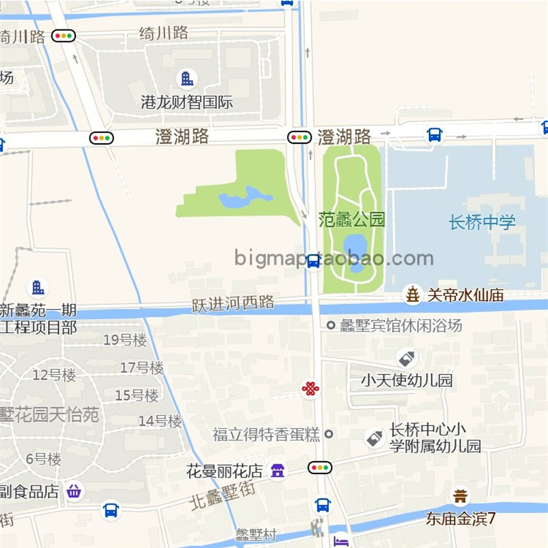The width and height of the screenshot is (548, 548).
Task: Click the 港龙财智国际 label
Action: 187,103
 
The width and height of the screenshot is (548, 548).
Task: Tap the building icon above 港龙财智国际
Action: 186,78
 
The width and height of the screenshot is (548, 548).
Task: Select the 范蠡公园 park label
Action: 352,220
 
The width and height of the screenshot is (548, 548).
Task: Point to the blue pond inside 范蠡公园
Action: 355,247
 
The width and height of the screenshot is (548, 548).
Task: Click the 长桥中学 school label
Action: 482,222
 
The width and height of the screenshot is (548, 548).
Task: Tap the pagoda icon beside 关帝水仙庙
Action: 413,295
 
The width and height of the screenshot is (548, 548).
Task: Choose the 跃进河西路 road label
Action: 233,303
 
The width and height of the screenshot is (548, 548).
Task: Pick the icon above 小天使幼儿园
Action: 406,358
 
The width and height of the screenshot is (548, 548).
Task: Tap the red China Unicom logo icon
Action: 310,389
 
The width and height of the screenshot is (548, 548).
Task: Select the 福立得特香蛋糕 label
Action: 266,434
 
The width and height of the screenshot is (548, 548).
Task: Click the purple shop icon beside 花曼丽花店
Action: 277,471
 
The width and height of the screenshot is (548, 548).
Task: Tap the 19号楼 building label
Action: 125,340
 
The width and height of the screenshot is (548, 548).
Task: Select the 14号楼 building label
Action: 160,421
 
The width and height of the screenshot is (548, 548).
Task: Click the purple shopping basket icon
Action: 74,490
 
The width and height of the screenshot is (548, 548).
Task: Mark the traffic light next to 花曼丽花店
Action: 319,468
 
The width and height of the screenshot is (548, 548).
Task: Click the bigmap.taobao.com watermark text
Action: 334,258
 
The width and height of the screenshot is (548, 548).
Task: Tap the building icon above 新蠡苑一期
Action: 38,288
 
